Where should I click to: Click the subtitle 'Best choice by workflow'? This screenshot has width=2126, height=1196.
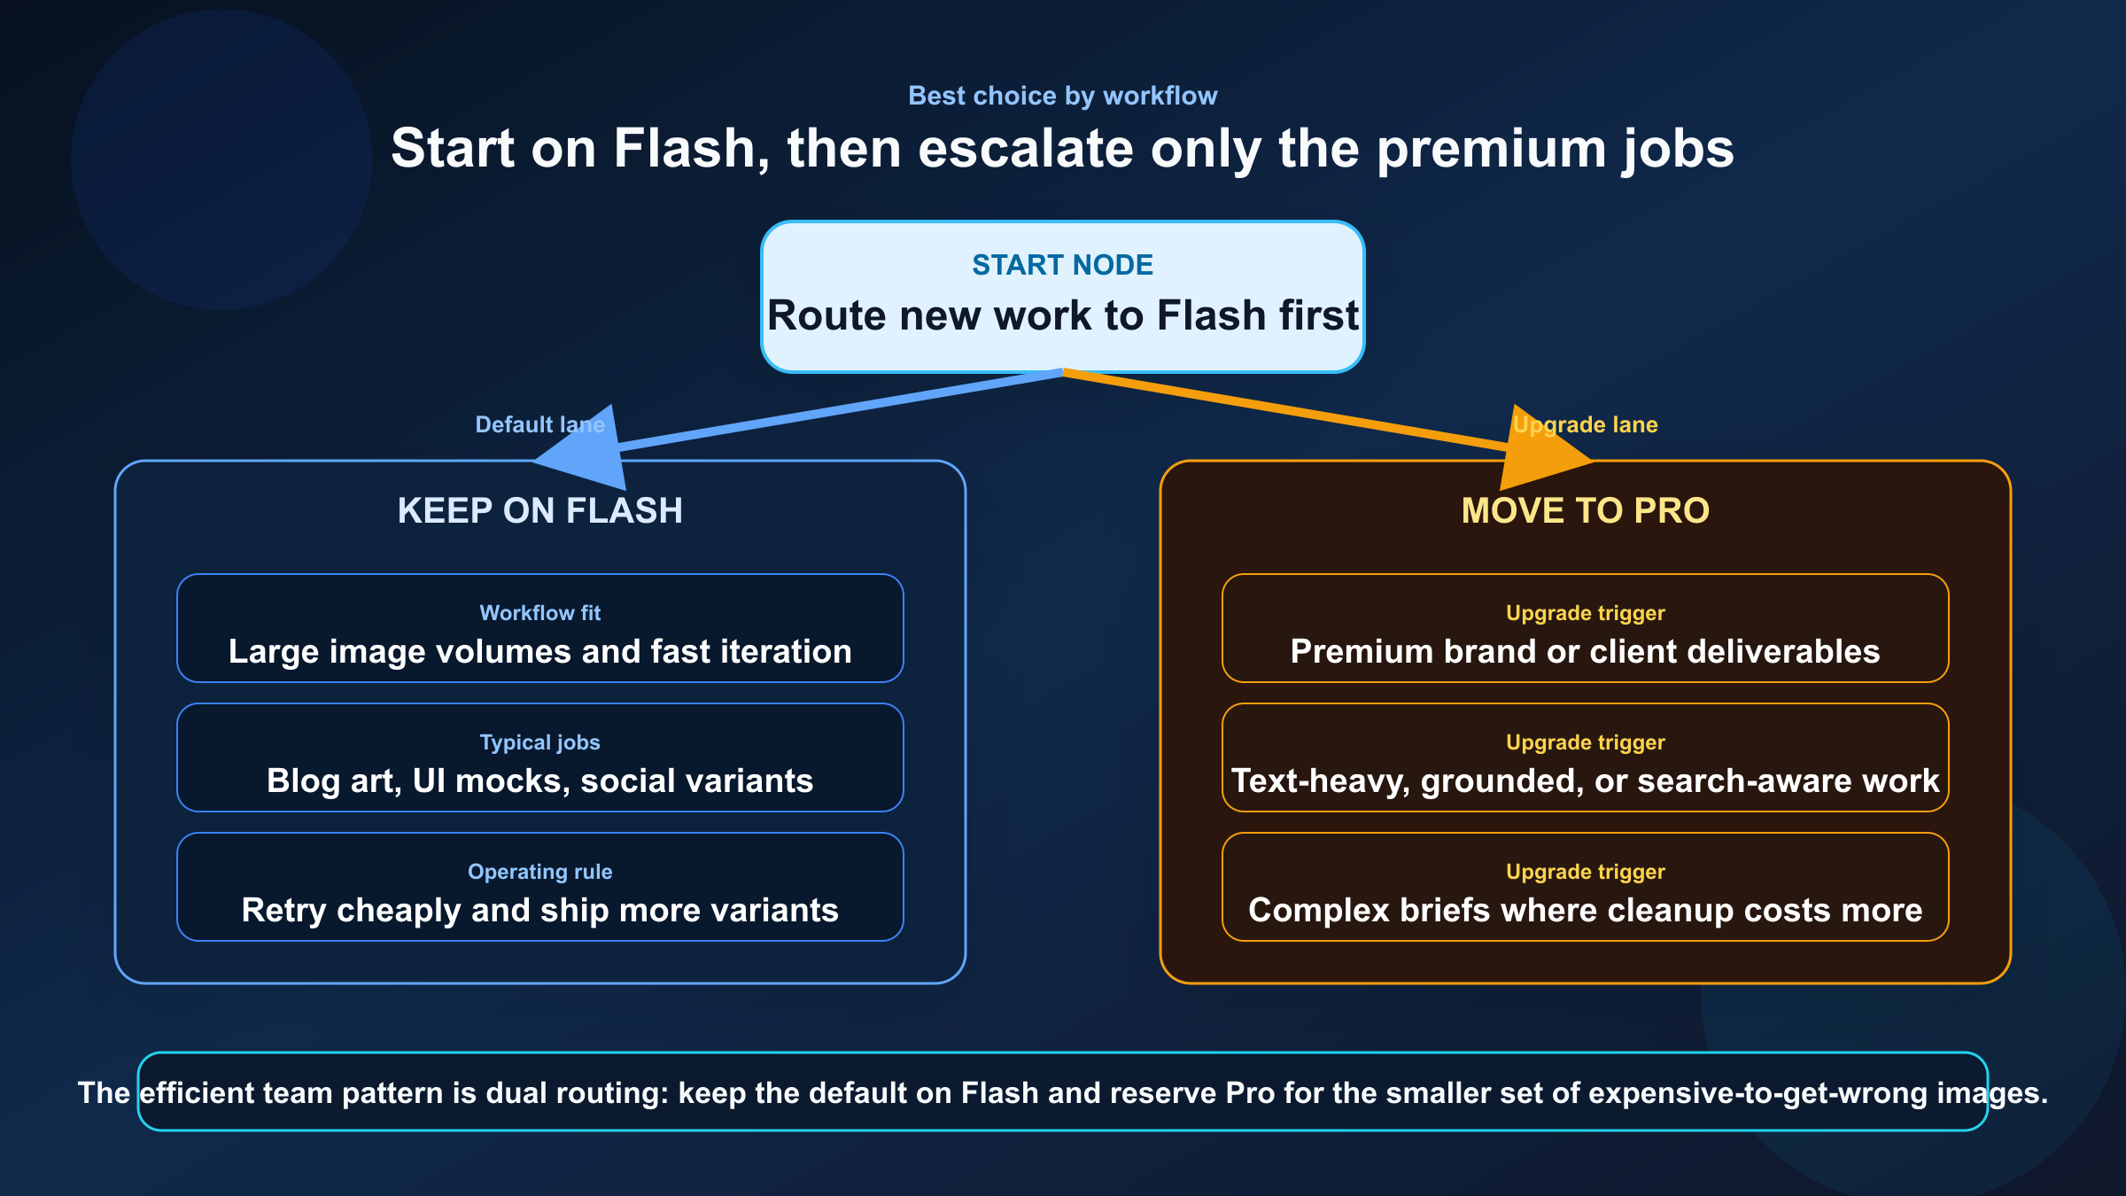point(1062,96)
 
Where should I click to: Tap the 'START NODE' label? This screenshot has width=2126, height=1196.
point(1062,265)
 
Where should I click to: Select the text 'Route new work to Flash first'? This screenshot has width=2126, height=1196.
point(1062,315)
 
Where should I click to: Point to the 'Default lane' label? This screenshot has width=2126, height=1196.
point(539,424)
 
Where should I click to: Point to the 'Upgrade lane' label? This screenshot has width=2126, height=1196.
point(1585,424)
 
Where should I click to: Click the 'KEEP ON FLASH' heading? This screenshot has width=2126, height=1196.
point(539,510)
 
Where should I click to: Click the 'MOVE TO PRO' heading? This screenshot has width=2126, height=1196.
point(1585,510)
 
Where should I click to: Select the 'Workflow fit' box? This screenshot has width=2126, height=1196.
point(539,628)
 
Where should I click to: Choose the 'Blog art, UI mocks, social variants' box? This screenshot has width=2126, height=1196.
point(539,758)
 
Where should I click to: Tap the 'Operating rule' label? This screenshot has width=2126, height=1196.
point(539,872)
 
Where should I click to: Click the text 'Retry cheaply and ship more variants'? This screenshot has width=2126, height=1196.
point(539,911)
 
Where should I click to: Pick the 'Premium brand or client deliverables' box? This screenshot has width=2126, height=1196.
point(1585,628)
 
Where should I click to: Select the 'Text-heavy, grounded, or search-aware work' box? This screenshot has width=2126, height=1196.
point(1585,758)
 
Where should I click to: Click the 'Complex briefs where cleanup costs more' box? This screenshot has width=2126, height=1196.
point(1585,888)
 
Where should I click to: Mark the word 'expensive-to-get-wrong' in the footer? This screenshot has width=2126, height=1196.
point(1757,1093)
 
